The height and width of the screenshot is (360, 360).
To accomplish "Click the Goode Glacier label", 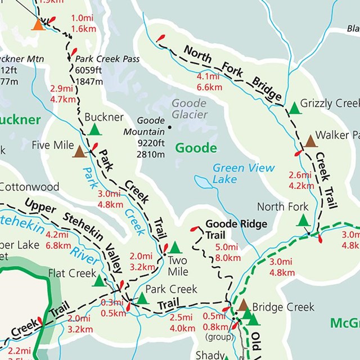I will pyautogui.click(x=190, y=109).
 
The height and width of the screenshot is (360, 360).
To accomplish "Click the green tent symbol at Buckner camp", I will pyautogui.click(x=95, y=130).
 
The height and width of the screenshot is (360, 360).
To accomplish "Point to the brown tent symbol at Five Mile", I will pyautogui.click(x=79, y=151).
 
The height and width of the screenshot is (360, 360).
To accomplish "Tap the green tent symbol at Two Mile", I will pyautogui.click(x=175, y=247).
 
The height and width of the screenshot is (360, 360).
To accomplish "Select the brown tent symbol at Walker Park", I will pyautogui.click(x=310, y=141).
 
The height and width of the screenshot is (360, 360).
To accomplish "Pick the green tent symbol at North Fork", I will pyautogui.click(x=303, y=219).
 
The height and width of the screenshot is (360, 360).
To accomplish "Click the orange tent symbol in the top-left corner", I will pyautogui.click(x=38, y=24).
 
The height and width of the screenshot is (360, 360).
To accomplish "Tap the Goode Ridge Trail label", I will pyautogui.click(x=228, y=229).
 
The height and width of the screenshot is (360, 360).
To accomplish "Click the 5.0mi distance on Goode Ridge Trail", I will pyautogui.click(x=227, y=247).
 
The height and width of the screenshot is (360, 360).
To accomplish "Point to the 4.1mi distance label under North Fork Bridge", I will pyautogui.click(x=208, y=77).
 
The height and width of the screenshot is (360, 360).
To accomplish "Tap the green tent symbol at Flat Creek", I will pyautogui.click(x=100, y=280).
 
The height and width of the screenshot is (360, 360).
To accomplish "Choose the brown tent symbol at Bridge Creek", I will pyautogui.click(x=243, y=305).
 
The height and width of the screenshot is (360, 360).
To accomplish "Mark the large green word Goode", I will pyautogui.click(x=196, y=148).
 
